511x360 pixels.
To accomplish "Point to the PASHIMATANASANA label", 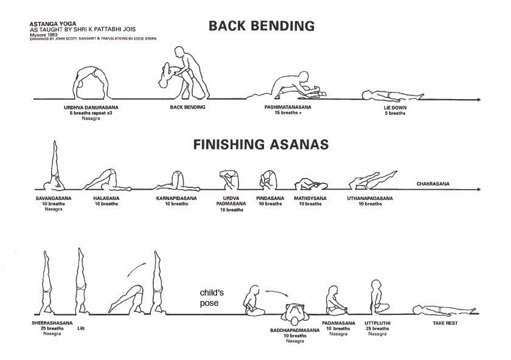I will tap(288, 107).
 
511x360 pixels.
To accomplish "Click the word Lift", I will tap(81, 328).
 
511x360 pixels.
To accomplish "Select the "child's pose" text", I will tap(211, 297).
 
